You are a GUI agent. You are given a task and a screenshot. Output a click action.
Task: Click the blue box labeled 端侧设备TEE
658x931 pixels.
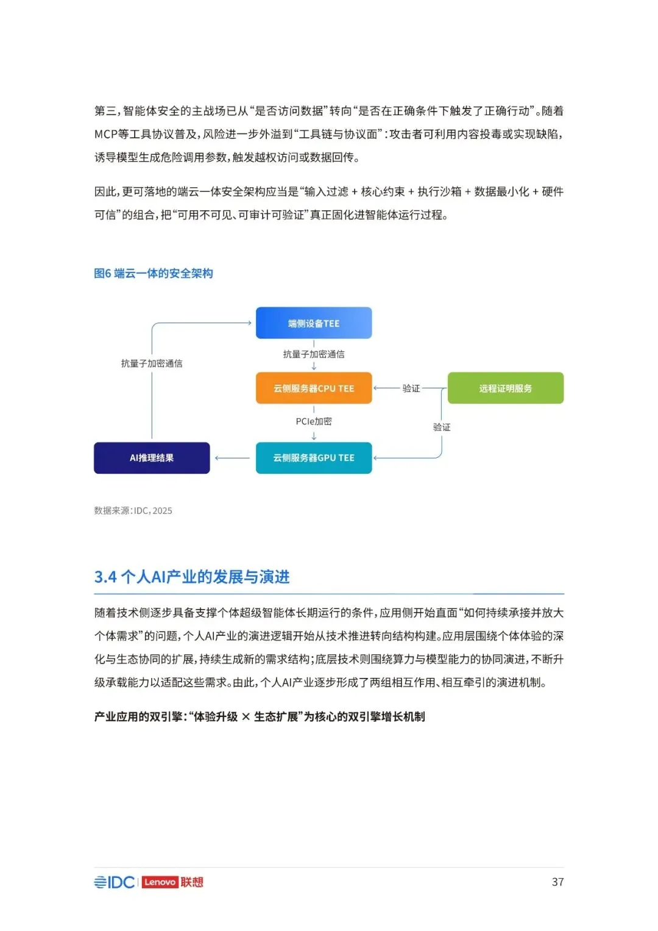pos(314,323)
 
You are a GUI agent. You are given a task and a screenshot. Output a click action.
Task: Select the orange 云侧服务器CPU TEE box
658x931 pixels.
pos(314,388)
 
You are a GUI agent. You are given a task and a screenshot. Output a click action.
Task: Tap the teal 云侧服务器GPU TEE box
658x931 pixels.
pos(314,458)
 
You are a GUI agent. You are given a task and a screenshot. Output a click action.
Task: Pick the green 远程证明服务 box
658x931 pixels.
pos(505,388)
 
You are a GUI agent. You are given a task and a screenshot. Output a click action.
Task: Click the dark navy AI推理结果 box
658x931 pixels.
pos(152,458)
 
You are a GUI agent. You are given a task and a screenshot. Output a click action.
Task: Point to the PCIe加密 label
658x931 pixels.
pos(314,421)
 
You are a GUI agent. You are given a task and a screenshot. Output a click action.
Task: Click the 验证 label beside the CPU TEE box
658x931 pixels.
pos(411,388)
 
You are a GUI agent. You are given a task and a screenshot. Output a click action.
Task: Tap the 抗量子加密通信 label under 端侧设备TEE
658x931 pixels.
pos(314,354)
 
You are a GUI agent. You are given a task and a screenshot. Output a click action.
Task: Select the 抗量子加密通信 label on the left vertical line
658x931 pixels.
pos(152,363)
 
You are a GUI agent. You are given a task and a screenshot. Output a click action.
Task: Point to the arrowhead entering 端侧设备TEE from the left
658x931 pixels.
pos(249,323)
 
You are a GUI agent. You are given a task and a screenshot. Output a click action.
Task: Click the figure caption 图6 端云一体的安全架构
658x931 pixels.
pos(154,273)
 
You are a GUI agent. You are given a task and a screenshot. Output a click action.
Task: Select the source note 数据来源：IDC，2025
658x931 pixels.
pos(133,511)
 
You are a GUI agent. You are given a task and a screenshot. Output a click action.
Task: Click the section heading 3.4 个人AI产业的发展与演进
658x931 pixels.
pos(192,577)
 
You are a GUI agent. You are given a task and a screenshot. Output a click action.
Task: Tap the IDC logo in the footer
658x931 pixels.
pos(115,882)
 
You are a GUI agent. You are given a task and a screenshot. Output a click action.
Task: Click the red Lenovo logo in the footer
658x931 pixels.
pos(160,882)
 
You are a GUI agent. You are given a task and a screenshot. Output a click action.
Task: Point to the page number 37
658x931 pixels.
pos(557,882)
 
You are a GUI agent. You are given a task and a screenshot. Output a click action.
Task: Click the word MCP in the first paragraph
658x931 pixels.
pos(105,134)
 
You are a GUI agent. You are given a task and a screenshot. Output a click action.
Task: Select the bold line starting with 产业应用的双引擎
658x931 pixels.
pos(260,716)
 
